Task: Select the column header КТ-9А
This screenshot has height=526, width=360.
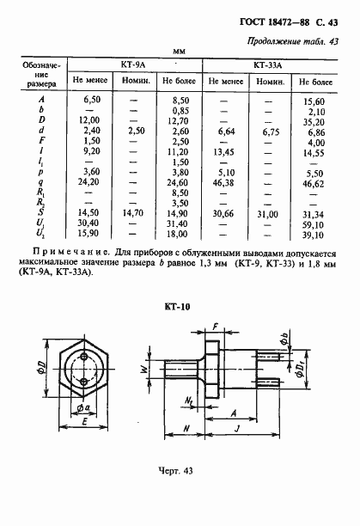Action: point(134,64)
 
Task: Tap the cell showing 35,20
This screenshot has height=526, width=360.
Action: point(314,121)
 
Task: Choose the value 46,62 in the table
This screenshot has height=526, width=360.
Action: point(314,183)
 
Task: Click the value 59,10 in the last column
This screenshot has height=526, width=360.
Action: point(314,223)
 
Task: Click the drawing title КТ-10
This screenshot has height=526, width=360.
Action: point(179,307)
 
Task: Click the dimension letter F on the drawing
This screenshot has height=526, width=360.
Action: point(215,327)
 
